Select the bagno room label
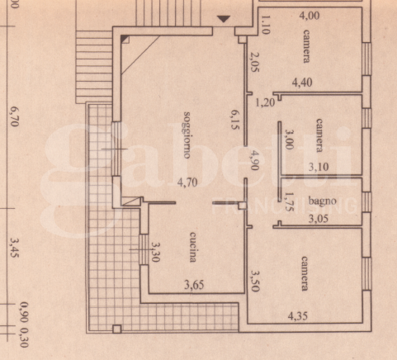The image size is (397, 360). point(321,200)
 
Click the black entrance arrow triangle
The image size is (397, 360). point(223,18)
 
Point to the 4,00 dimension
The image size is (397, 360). point(310,15)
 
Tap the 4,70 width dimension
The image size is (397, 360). point(184,184)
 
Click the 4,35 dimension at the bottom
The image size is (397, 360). point(300,315)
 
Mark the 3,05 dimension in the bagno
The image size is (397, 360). point(321,219)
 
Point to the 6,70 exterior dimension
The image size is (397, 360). point(14,116)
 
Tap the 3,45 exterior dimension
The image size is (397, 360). point(14,249)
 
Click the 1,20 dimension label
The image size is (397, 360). point(264,103)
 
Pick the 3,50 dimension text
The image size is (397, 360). point(257,281)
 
